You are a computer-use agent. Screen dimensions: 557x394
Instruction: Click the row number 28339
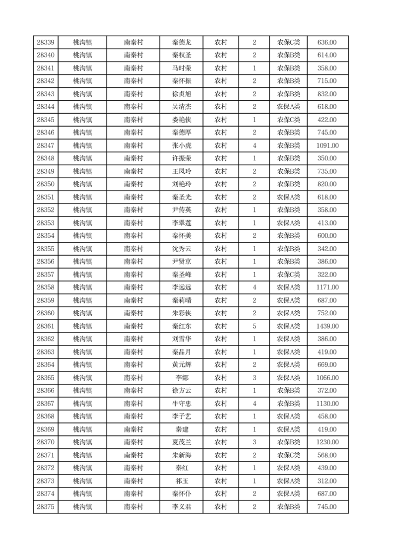click(46, 43)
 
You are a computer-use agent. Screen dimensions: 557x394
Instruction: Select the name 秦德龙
click(181, 43)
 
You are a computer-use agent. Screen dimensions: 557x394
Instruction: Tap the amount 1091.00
click(327, 146)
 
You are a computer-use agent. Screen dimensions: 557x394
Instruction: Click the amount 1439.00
click(327, 326)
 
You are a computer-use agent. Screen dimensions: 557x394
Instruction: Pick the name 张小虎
click(181, 146)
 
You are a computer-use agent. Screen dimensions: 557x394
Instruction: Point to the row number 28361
click(46, 326)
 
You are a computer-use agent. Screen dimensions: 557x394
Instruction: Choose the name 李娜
click(181, 378)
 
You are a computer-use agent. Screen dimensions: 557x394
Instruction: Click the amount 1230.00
click(327, 442)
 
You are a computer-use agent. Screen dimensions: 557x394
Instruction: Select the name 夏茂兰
click(181, 442)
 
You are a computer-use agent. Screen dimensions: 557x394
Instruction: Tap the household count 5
click(254, 326)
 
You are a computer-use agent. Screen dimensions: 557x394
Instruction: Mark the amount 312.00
click(327, 481)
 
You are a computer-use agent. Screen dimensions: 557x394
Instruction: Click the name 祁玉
click(181, 481)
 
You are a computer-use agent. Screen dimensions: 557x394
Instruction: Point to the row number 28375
click(46, 507)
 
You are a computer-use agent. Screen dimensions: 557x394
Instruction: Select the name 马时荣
click(181, 69)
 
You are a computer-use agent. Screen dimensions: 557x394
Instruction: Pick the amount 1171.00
click(327, 287)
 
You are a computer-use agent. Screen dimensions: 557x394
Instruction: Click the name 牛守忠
click(181, 404)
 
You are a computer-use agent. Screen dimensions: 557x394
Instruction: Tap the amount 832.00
click(327, 94)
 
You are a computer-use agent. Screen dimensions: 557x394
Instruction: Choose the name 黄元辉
click(181, 365)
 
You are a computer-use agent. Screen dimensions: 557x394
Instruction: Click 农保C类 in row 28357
click(288, 275)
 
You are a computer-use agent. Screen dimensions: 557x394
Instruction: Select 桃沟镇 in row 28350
click(82, 184)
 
